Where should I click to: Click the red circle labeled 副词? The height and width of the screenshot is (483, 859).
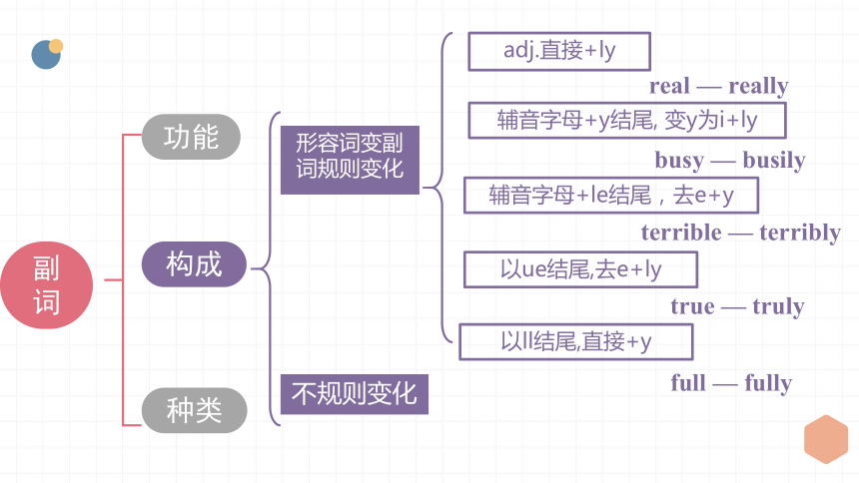click(47, 285)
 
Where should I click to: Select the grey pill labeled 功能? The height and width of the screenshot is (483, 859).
click(191, 137)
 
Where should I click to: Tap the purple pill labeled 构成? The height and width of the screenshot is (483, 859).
click(194, 264)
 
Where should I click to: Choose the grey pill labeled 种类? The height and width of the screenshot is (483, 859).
click(194, 410)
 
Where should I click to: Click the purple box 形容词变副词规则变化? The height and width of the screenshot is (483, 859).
click(350, 160)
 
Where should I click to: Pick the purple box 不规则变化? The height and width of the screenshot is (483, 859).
click(354, 394)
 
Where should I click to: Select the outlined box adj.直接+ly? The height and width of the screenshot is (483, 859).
click(559, 52)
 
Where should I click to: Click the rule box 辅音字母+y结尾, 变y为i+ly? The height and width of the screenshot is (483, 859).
click(627, 120)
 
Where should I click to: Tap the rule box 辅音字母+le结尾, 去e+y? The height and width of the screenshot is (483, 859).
click(611, 195)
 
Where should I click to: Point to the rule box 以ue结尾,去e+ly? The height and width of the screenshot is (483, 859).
click(580, 269)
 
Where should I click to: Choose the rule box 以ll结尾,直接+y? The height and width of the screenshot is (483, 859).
click(576, 341)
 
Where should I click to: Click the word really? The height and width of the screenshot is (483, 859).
click(758, 87)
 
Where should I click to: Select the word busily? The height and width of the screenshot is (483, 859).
click(774, 161)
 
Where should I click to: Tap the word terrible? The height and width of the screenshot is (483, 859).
click(681, 233)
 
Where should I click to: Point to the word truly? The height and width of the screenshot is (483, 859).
click(778, 306)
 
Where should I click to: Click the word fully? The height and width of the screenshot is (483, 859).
click(768, 383)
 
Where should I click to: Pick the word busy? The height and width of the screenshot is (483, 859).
click(679, 161)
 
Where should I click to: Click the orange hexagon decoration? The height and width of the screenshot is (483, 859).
click(826, 439)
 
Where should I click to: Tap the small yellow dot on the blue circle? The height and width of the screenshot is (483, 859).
click(56, 46)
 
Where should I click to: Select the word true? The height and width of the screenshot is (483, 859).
click(692, 306)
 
